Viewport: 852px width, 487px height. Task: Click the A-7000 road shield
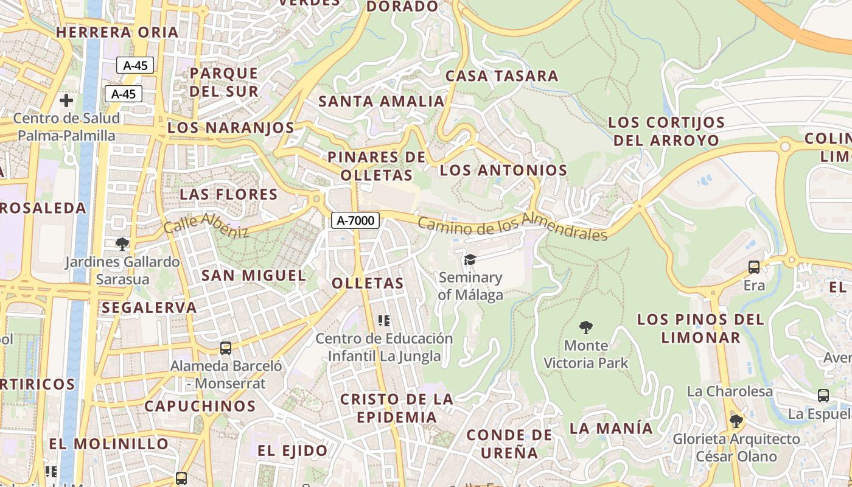click(355, 220)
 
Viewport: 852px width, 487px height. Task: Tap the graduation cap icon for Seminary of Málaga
click(470, 260)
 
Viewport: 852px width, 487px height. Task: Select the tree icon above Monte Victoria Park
click(585, 328)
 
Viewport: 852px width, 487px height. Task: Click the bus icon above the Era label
click(753, 267)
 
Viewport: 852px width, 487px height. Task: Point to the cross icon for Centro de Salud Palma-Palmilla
click(66, 100)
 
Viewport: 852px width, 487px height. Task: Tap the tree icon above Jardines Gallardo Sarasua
click(122, 244)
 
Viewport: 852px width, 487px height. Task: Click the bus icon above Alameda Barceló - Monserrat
click(226, 348)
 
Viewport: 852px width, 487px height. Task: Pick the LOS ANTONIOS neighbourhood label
click(503, 170)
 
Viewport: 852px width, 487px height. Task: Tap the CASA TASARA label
click(501, 76)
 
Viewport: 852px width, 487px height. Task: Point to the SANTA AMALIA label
click(382, 101)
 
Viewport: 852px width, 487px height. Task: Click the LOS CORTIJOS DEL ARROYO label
click(666, 131)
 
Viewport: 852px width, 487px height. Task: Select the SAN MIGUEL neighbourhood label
click(253, 275)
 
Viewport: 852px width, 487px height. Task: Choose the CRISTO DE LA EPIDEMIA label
click(396, 408)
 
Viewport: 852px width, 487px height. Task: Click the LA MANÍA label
click(610, 428)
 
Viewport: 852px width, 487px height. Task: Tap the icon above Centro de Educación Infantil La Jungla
click(383, 320)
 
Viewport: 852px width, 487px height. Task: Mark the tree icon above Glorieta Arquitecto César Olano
click(736, 421)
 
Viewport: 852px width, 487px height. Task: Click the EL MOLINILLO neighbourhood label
click(108, 444)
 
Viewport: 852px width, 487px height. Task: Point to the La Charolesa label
click(730, 391)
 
